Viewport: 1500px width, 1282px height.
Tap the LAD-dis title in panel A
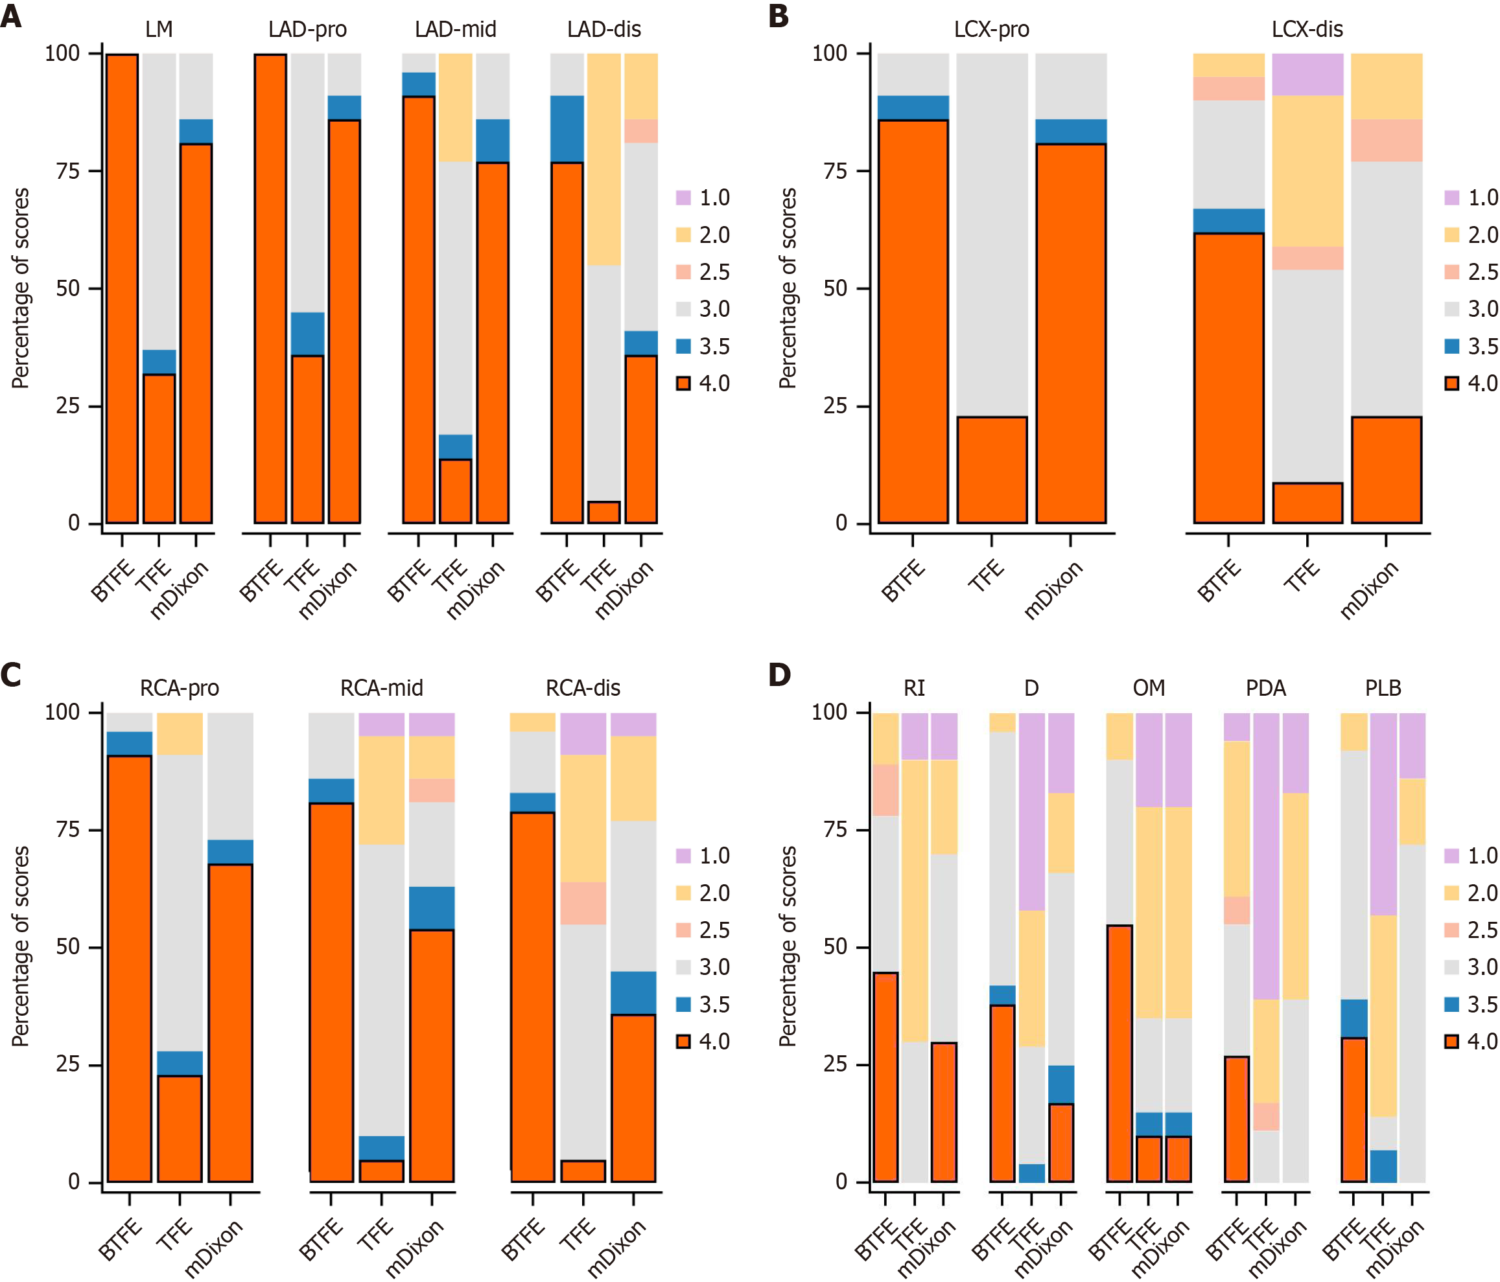point(604,29)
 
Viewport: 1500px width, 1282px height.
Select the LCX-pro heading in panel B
point(991,29)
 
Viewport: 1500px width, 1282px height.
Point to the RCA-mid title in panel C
point(382,687)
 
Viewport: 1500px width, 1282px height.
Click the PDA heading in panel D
point(1265,687)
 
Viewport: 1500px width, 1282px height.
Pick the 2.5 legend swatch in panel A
point(683,272)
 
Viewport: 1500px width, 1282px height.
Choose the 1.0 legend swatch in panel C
point(683,856)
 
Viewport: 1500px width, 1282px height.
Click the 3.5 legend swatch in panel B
point(1451,347)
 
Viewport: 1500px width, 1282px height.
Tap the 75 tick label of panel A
point(68,171)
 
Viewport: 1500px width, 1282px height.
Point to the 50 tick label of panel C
point(68,946)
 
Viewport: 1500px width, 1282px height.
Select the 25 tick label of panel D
point(836,1064)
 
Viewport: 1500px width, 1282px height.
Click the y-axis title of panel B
point(788,288)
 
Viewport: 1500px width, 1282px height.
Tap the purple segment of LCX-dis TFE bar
point(1307,74)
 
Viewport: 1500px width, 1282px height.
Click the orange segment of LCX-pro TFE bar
point(992,470)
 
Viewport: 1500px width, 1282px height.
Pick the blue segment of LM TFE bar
point(159,361)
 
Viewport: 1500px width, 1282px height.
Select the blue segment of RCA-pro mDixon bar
point(230,851)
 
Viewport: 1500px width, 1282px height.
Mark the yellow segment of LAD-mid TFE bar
point(455,108)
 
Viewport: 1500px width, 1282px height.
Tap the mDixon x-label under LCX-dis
point(1370,589)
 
